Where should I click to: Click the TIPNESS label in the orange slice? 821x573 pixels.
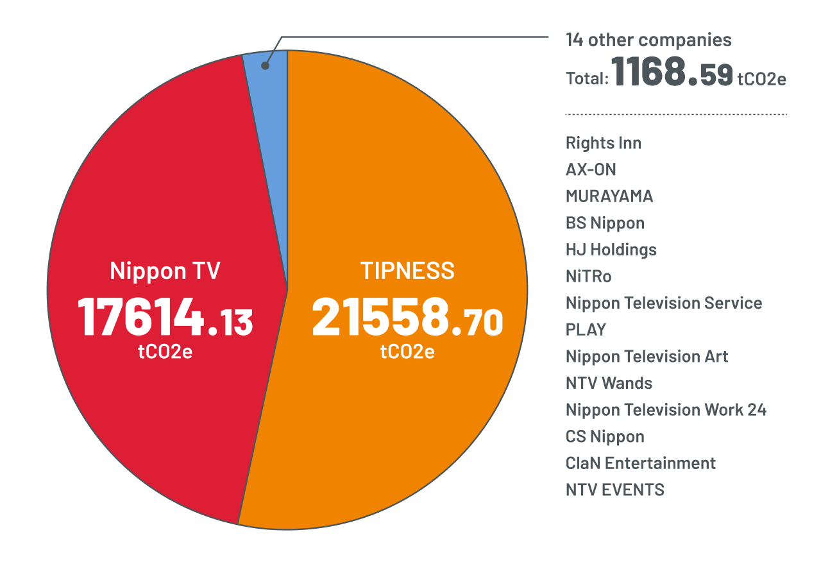[407, 271]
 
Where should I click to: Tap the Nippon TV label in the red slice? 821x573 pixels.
[165, 271]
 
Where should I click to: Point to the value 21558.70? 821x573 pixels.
[407, 319]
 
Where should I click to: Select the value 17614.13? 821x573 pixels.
[165, 319]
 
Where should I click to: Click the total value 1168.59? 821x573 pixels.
[672, 72]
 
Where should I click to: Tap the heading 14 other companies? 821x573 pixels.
[648, 40]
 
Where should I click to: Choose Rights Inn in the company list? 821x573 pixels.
[603, 142]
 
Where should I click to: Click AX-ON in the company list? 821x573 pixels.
[591, 169]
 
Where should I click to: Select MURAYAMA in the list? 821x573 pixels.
[609, 196]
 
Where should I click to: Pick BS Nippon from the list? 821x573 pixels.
[605, 223]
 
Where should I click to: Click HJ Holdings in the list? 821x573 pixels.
[611, 250]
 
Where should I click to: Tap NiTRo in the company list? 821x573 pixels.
[588, 277]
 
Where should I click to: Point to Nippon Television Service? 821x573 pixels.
[664, 303]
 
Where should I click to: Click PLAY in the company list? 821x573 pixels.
[586, 330]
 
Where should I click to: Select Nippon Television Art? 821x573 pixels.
[647, 356]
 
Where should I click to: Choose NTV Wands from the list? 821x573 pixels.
[609, 383]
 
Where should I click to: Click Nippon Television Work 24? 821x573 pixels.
[666, 409]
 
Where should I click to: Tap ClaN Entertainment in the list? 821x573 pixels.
[640, 463]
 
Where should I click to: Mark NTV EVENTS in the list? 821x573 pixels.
[614, 490]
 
